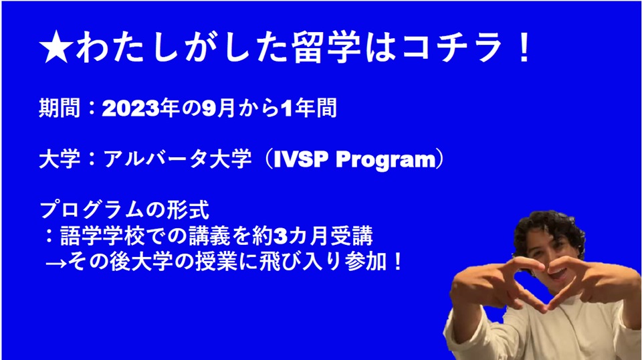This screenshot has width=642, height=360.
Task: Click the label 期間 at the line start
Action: [60, 108]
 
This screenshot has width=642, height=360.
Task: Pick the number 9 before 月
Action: [209, 108]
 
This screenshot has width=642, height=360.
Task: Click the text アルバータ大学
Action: [177, 159]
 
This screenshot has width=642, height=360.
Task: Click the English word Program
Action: [386, 160]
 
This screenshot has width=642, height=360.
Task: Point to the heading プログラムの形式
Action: [124, 210]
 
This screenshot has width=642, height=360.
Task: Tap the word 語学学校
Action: [101, 236]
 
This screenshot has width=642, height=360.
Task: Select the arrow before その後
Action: [56, 263]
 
